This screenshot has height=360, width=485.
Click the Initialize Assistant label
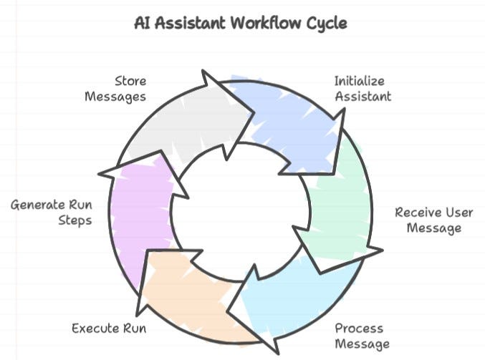coord(362,88)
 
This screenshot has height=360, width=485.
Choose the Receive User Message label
coord(428,220)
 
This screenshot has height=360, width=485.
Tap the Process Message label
coord(360,336)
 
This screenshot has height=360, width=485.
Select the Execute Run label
coord(109,329)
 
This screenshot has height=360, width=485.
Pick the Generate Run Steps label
coord(51,213)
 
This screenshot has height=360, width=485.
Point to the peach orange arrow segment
coord(193,293)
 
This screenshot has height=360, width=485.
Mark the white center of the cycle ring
coord(242,208)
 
